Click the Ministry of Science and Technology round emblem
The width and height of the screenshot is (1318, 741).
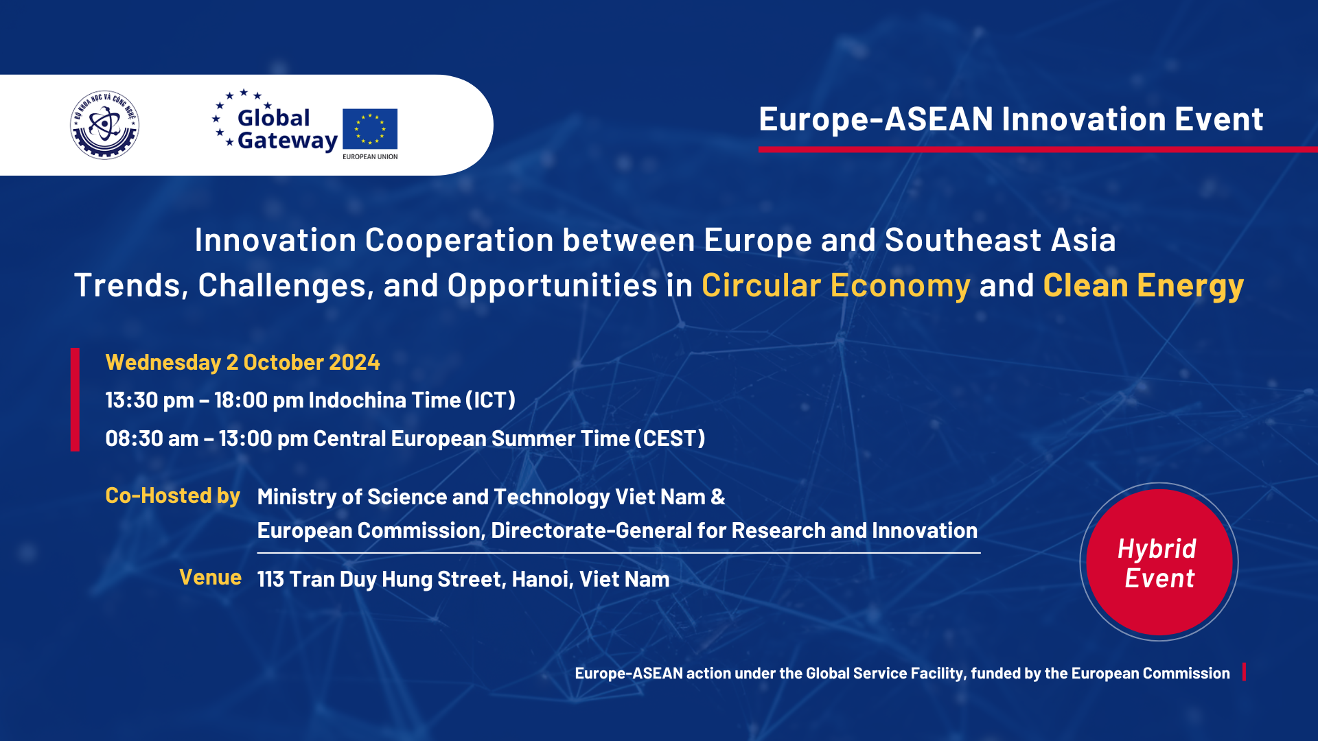(x=104, y=125)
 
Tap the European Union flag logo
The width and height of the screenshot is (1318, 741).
(x=370, y=129)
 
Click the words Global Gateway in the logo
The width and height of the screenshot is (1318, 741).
(x=287, y=129)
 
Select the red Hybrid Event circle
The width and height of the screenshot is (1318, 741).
(x=1159, y=562)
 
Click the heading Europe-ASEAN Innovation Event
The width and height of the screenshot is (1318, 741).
(x=1010, y=119)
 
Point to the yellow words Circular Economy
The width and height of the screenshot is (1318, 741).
(x=835, y=285)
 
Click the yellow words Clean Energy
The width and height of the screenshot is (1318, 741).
(x=1143, y=285)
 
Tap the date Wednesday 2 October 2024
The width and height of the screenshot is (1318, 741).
(x=242, y=362)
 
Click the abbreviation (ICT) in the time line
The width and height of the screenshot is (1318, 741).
(x=490, y=400)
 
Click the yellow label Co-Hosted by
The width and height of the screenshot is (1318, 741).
(x=172, y=495)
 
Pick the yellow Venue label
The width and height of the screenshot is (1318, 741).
(x=210, y=577)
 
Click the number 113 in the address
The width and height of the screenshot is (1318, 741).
(x=270, y=579)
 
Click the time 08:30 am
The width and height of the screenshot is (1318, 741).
(x=152, y=438)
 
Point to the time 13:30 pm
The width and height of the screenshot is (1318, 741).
(x=150, y=400)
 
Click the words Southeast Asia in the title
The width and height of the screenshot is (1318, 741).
(x=1000, y=240)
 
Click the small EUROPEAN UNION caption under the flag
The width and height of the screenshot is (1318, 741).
(x=370, y=156)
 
